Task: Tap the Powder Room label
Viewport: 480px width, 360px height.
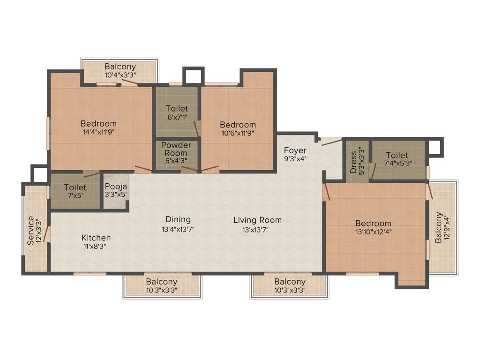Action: [176, 149]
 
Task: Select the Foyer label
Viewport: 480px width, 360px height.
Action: [295, 150]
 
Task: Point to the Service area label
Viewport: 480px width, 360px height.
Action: [31, 230]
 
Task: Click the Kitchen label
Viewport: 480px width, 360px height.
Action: [96, 238]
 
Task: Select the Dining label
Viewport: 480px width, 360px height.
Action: [178, 219]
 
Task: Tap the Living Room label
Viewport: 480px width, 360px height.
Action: [258, 220]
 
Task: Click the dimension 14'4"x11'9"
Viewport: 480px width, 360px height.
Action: [98, 132]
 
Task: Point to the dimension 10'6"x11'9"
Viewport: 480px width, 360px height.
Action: [238, 133]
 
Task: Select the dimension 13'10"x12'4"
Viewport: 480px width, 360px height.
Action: [373, 232]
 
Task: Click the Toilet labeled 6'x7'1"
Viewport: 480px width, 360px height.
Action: [177, 109]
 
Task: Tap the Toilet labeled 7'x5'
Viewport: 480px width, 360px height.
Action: [75, 187]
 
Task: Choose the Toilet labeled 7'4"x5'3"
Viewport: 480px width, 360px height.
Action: [397, 155]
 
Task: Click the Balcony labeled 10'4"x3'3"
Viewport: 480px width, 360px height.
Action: [120, 67]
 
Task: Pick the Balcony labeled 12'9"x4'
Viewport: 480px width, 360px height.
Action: [438, 227]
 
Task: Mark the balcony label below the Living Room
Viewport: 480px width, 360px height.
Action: [290, 282]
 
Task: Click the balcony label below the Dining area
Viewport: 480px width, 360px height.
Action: [161, 282]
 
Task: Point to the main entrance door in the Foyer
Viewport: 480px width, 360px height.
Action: [331, 141]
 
